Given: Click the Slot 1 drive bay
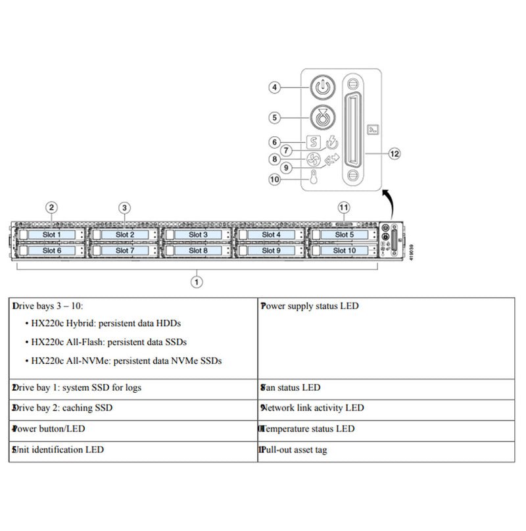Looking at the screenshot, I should [x=51, y=234].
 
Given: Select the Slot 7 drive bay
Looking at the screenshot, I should [x=124, y=250].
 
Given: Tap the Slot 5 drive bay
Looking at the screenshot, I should [x=343, y=234].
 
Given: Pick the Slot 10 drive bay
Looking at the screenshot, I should [x=343, y=250].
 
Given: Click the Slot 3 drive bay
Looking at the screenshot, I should [x=197, y=234].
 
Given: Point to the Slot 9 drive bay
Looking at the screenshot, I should [x=270, y=250].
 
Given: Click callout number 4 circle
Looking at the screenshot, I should [x=276, y=87].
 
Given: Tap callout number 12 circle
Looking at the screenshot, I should [x=394, y=153].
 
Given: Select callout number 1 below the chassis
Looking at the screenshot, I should [x=195, y=282].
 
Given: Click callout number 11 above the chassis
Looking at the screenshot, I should [x=343, y=207].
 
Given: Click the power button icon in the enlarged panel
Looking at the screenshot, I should [x=321, y=87].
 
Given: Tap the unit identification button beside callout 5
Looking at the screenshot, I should [x=321, y=117].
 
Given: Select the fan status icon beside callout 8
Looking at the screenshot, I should [x=314, y=159].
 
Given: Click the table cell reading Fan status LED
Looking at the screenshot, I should [x=386, y=388].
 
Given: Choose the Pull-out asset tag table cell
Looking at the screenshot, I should [x=386, y=450].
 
